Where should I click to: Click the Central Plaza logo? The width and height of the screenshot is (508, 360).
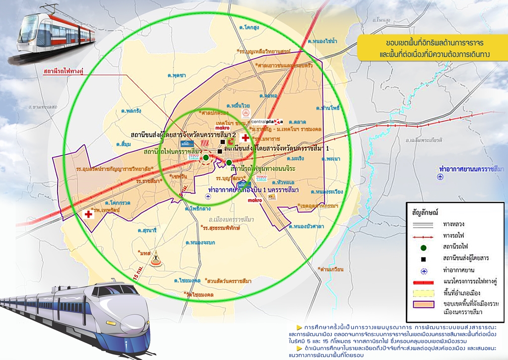click(267, 122)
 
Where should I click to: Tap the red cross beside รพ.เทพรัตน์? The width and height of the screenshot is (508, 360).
click(88, 215)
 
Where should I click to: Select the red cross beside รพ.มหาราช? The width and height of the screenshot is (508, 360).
click(244, 138)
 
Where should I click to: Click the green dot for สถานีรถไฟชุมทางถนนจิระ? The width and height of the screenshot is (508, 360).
click(229, 162)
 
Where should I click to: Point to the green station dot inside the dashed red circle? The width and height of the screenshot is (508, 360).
click(205, 158)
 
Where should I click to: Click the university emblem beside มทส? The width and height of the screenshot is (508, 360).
click(157, 258)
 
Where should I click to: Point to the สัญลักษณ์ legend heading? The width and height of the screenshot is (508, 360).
click(425, 211)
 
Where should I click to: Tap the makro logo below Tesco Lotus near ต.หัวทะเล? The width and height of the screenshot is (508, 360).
click(255, 201)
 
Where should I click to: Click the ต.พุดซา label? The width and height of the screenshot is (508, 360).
click(177, 75)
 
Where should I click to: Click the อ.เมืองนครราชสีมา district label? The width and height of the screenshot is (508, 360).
click(232, 219)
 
